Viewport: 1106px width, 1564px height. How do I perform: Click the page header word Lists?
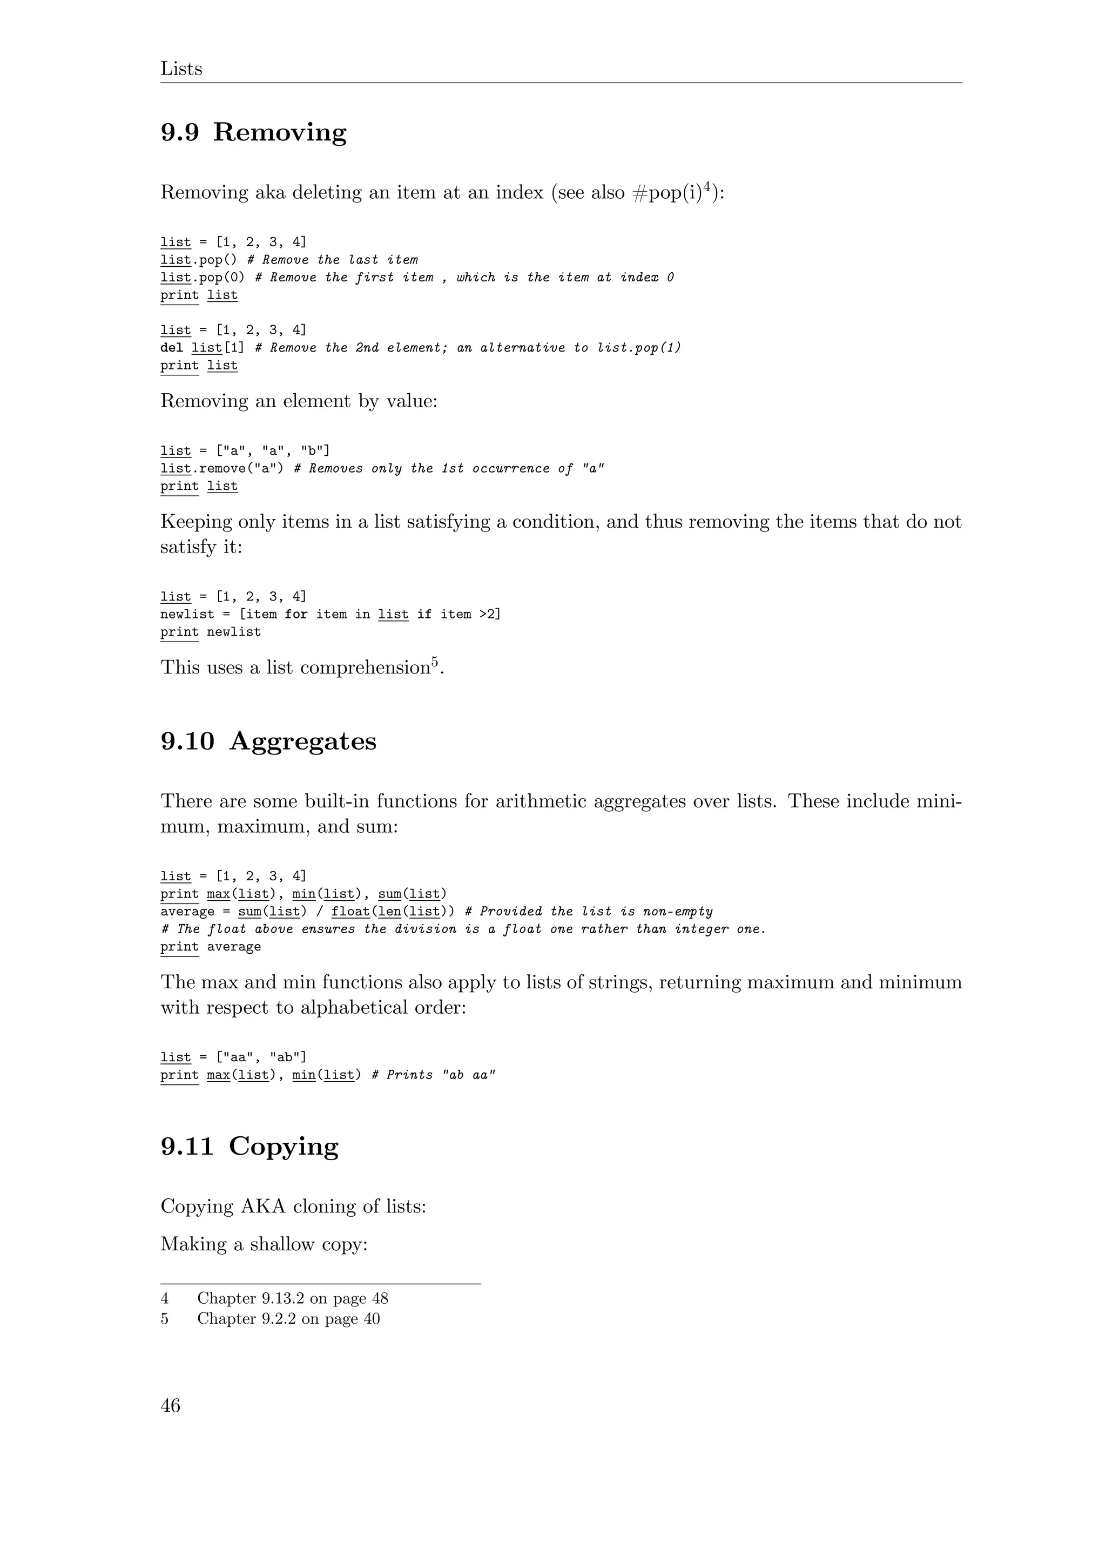point(181,69)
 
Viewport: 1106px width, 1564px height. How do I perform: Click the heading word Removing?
point(279,132)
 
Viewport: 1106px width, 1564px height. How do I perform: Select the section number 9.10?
point(187,741)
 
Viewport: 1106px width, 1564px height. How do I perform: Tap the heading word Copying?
point(284,1147)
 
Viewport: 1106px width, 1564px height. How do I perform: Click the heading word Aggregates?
point(302,741)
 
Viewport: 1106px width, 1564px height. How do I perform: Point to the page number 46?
point(170,1406)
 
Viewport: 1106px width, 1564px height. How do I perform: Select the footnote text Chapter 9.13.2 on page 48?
point(292,1298)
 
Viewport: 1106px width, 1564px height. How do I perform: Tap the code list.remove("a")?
point(222,469)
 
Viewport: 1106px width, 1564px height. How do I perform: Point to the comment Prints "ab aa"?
point(434,1075)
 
